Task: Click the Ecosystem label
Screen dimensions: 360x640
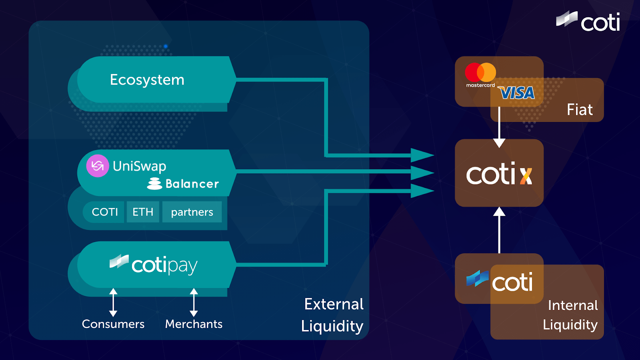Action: pyautogui.click(x=147, y=80)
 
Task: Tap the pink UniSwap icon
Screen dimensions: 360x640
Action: pyautogui.click(x=98, y=166)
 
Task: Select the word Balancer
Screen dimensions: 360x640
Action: pyautogui.click(x=192, y=184)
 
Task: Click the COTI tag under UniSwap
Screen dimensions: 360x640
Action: pyautogui.click(x=105, y=212)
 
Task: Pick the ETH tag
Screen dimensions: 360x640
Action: pyautogui.click(x=143, y=212)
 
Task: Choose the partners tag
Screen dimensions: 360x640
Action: pyautogui.click(x=192, y=212)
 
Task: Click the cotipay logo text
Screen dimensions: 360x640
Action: pyautogui.click(x=164, y=265)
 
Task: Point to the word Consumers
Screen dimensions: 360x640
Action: pyautogui.click(x=113, y=324)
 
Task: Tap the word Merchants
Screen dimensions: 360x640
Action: pyautogui.click(x=194, y=324)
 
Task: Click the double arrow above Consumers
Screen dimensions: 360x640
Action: pyautogui.click(x=113, y=302)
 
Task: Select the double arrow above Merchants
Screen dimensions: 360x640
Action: pyautogui.click(x=194, y=302)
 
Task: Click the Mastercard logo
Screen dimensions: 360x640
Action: pyautogui.click(x=480, y=74)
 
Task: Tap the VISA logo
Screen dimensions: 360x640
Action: pyautogui.click(x=517, y=93)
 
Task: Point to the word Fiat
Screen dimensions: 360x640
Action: pyautogui.click(x=580, y=110)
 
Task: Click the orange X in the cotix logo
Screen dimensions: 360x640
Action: pyautogui.click(x=526, y=176)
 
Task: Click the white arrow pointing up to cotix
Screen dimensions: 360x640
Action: pyautogui.click(x=499, y=230)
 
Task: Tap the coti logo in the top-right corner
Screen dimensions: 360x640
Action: pyautogui.click(x=588, y=22)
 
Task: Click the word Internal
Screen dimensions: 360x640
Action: pyautogui.click(x=573, y=306)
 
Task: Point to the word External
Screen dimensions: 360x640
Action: pyautogui.click(x=334, y=304)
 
